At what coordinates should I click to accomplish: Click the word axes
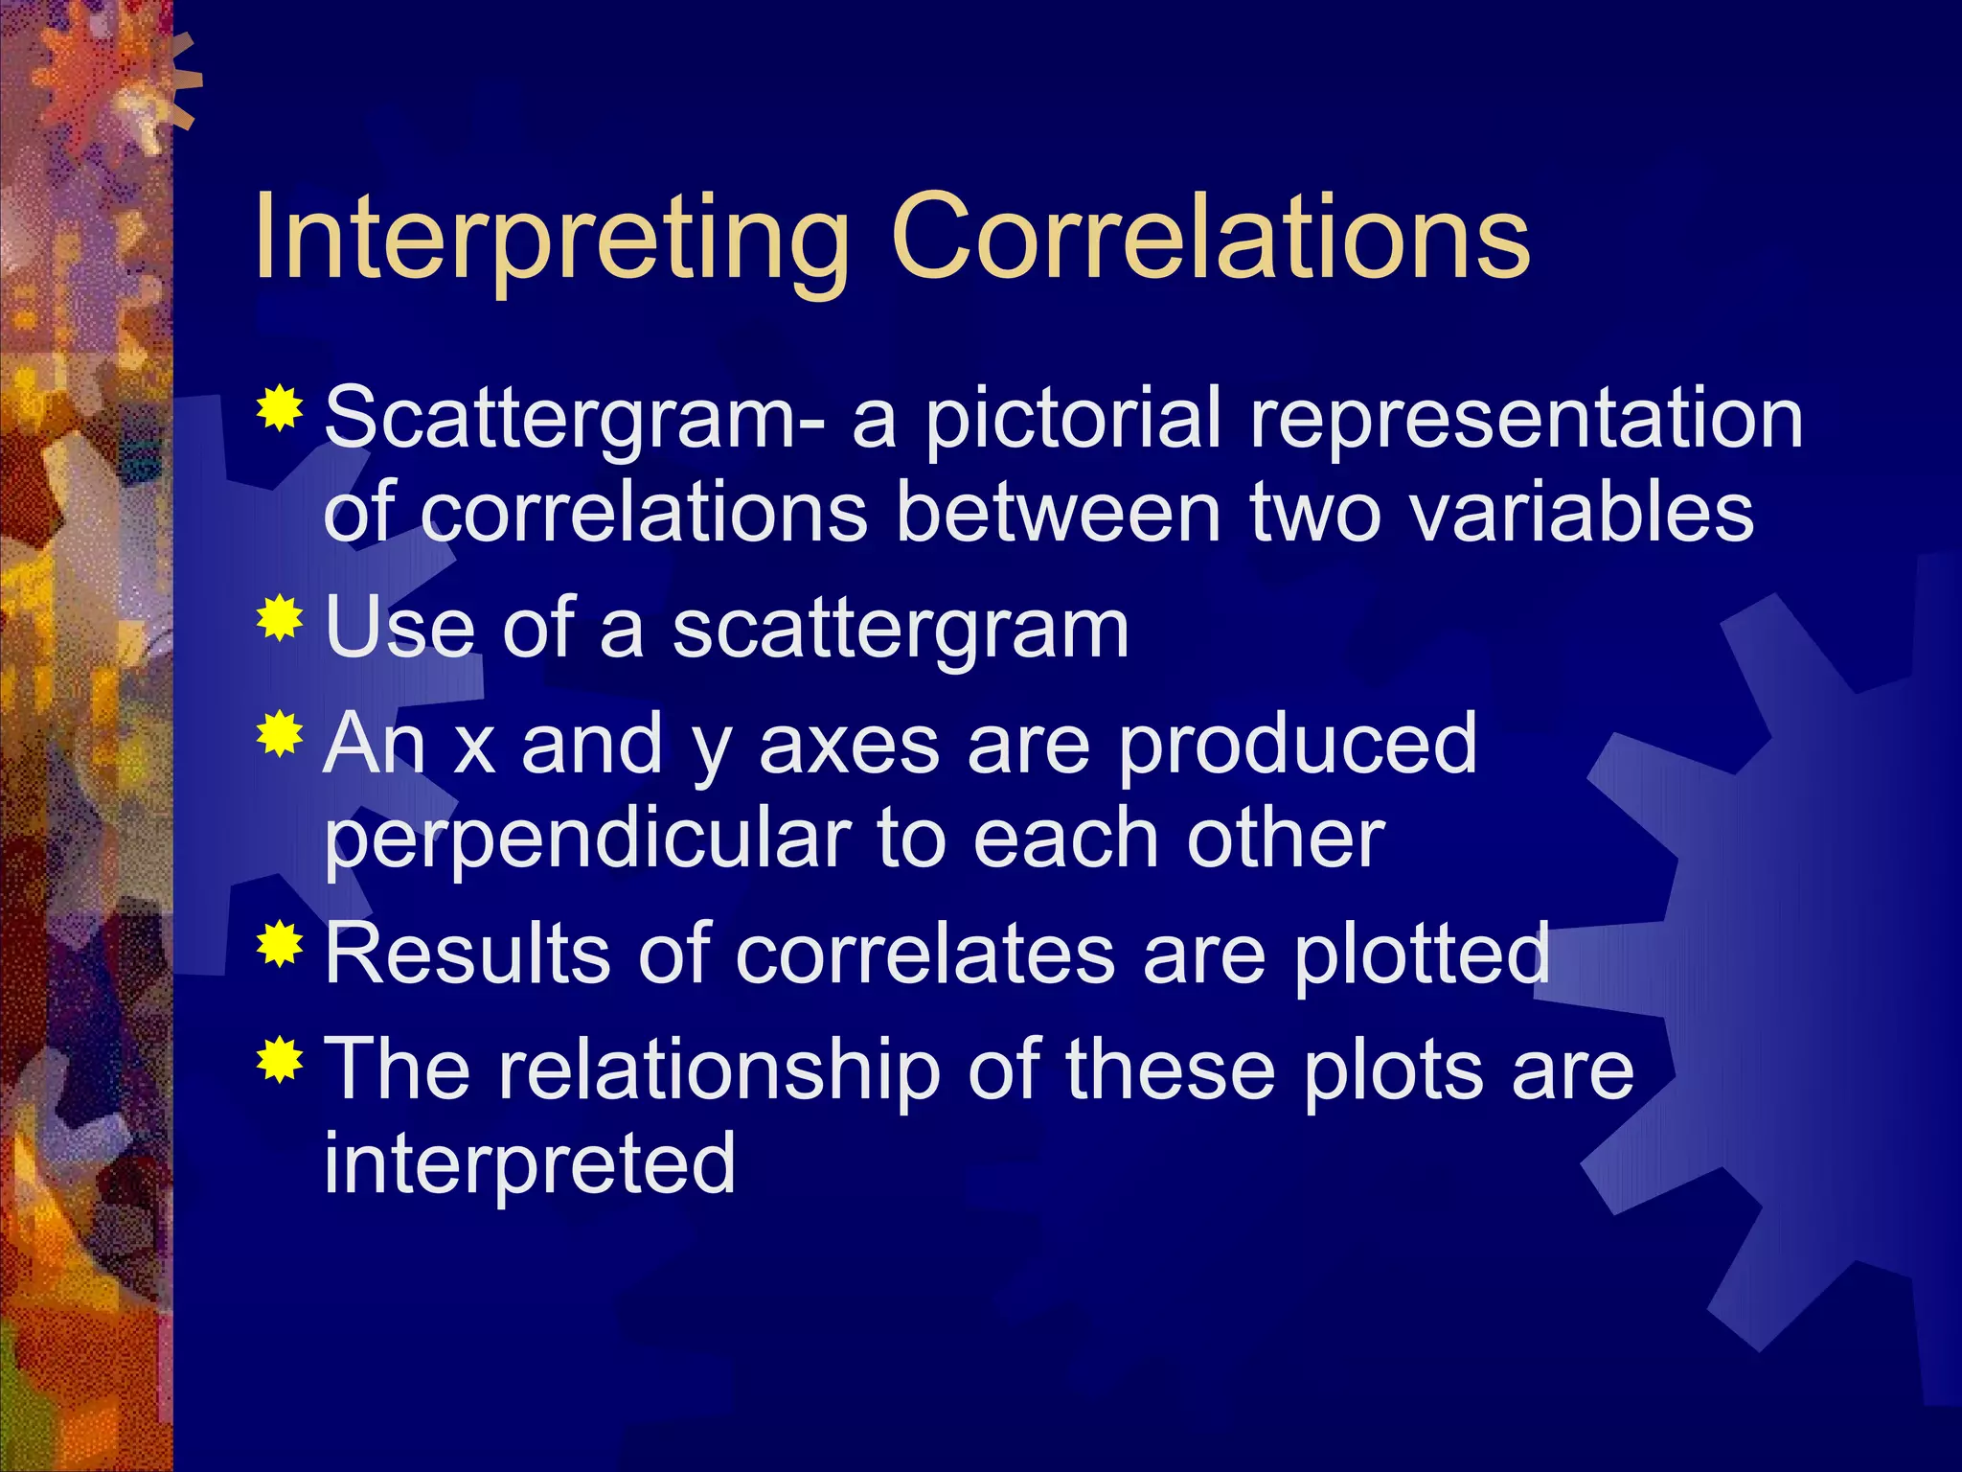click(849, 746)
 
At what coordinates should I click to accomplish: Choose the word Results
click(468, 954)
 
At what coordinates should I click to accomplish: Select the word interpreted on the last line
click(529, 1163)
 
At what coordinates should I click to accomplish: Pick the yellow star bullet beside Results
click(280, 944)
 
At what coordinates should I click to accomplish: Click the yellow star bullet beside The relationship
click(280, 1059)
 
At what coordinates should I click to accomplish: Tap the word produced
click(1297, 746)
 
